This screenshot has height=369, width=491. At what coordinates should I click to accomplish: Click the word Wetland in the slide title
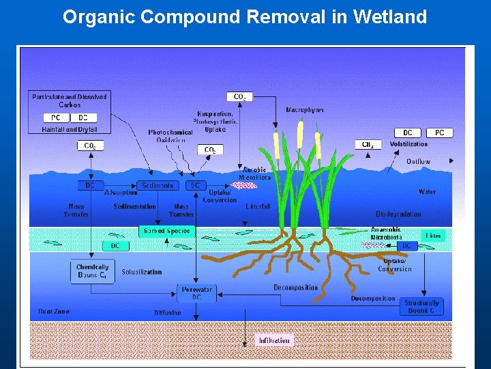(x=390, y=16)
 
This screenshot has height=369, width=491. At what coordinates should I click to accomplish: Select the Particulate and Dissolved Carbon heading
(x=69, y=100)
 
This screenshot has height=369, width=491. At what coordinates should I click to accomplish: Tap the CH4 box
(x=367, y=145)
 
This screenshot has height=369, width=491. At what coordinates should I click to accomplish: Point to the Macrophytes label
(x=305, y=110)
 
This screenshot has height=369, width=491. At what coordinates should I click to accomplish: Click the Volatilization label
(x=408, y=144)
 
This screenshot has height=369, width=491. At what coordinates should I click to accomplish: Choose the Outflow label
(x=418, y=162)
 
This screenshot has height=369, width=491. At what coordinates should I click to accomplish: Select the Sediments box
(x=158, y=185)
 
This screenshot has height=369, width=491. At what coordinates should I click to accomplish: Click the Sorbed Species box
(x=167, y=231)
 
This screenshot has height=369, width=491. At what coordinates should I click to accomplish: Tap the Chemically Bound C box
(x=92, y=271)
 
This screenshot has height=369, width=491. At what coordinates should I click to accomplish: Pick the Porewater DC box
(x=196, y=293)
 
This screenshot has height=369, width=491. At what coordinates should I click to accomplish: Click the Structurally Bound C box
(x=421, y=306)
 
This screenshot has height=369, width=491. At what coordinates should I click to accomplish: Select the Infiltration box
(x=274, y=340)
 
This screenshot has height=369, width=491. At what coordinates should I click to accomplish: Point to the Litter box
(x=434, y=236)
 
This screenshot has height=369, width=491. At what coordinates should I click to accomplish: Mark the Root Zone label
(x=54, y=312)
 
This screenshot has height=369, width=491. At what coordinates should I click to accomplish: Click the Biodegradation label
(x=398, y=214)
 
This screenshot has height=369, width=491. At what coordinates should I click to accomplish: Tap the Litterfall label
(x=258, y=206)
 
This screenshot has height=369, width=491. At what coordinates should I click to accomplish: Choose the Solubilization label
(x=142, y=272)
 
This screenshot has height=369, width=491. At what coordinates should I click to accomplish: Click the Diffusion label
(x=168, y=313)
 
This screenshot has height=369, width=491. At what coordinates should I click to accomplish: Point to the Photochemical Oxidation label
(x=170, y=136)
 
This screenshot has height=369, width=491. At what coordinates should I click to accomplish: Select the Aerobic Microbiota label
(x=254, y=174)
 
